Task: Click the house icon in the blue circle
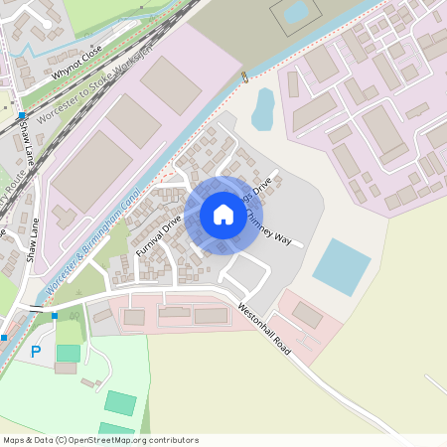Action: click(x=223, y=215)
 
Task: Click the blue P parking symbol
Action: click(x=36, y=351)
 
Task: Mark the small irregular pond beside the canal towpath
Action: click(x=262, y=109)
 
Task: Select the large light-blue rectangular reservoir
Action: click(x=342, y=267)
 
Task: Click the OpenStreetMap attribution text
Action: click(x=100, y=440)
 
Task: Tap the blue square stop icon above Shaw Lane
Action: click(x=22, y=116)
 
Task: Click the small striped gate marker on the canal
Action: click(x=244, y=77)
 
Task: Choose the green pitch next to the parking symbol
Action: click(x=69, y=353)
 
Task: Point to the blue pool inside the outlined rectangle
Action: click(x=296, y=12)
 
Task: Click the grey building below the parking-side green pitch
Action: click(x=66, y=368)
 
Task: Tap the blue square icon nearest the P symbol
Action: click(x=55, y=316)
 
